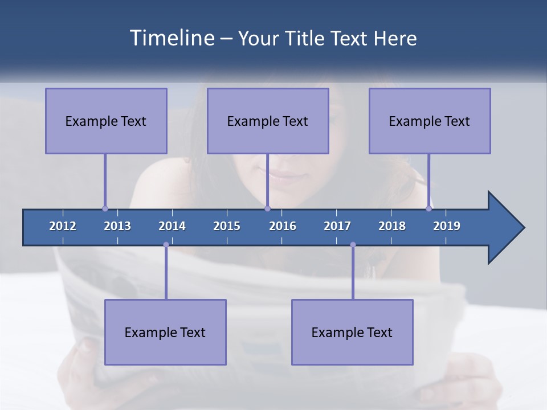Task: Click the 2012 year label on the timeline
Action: [x=63, y=226]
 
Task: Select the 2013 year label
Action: [x=117, y=226]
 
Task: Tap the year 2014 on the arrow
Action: [x=172, y=226]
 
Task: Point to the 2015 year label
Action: [x=227, y=226]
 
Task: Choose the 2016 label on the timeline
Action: [x=283, y=226]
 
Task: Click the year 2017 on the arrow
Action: [x=337, y=226]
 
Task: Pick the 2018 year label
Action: [x=392, y=226]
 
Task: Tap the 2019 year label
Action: [x=447, y=226]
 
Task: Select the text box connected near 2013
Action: [x=106, y=121]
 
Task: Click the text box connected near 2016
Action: [x=268, y=121]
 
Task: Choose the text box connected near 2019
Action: [x=430, y=121]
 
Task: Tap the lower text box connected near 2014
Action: [x=165, y=332]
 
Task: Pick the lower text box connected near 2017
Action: [x=352, y=332]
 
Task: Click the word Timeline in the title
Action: [x=171, y=38]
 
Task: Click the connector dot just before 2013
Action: [x=105, y=208]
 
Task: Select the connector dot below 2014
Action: [x=166, y=245]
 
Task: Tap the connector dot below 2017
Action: [x=353, y=245]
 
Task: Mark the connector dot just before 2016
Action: [x=267, y=208]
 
